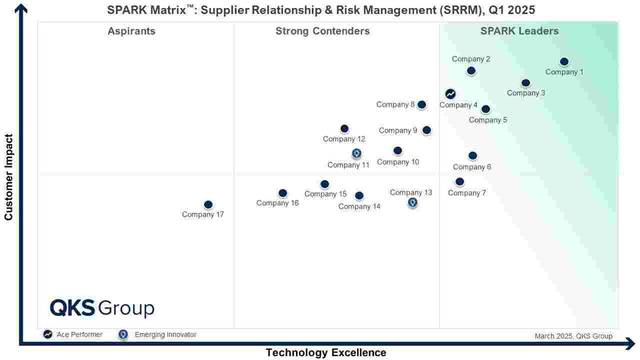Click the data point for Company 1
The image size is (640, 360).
coord(564,61)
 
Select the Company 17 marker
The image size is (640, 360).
coord(208,204)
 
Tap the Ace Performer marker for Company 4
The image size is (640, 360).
coord(450,93)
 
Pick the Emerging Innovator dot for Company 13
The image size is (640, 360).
coord(412,202)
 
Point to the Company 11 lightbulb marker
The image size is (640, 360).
coord(356,153)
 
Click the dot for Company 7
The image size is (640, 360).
coord(459,181)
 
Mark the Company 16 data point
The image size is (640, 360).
coord(282,193)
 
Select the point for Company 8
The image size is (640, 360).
coord(421,104)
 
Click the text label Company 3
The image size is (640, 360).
coord(526,93)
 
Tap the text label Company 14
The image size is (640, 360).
coord(359,206)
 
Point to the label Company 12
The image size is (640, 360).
coord(344,139)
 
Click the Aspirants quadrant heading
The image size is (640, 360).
coord(131,31)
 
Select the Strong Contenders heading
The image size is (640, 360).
coord(322,31)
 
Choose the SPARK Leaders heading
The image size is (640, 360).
coord(519,31)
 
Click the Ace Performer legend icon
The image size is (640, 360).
coord(47,334)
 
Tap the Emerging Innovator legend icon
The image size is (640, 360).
coord(123,334)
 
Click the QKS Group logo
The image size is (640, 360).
coord(102,308)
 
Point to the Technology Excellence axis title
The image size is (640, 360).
coord(326,352)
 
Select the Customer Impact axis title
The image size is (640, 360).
coord(8,177)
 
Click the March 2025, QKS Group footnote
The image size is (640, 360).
coord(573,336)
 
